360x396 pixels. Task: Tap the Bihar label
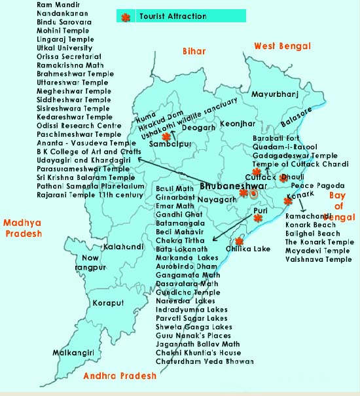coord(194,51)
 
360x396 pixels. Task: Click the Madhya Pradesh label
coord(22,227)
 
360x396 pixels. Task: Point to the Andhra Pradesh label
coord(120,376)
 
